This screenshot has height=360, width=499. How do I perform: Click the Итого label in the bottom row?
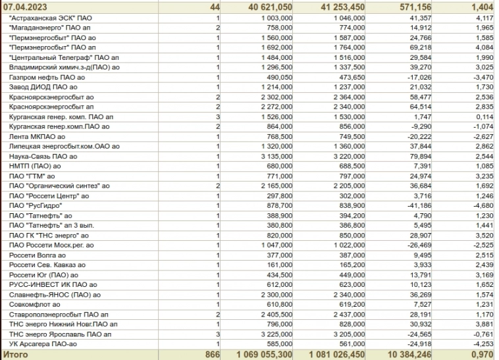(x=16, y=355)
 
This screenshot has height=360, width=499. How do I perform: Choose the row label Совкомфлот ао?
(x=35, y=305)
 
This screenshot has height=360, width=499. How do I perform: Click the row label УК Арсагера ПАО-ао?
(x=43, y=344)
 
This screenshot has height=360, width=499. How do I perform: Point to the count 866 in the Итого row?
(x=211, y=355)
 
